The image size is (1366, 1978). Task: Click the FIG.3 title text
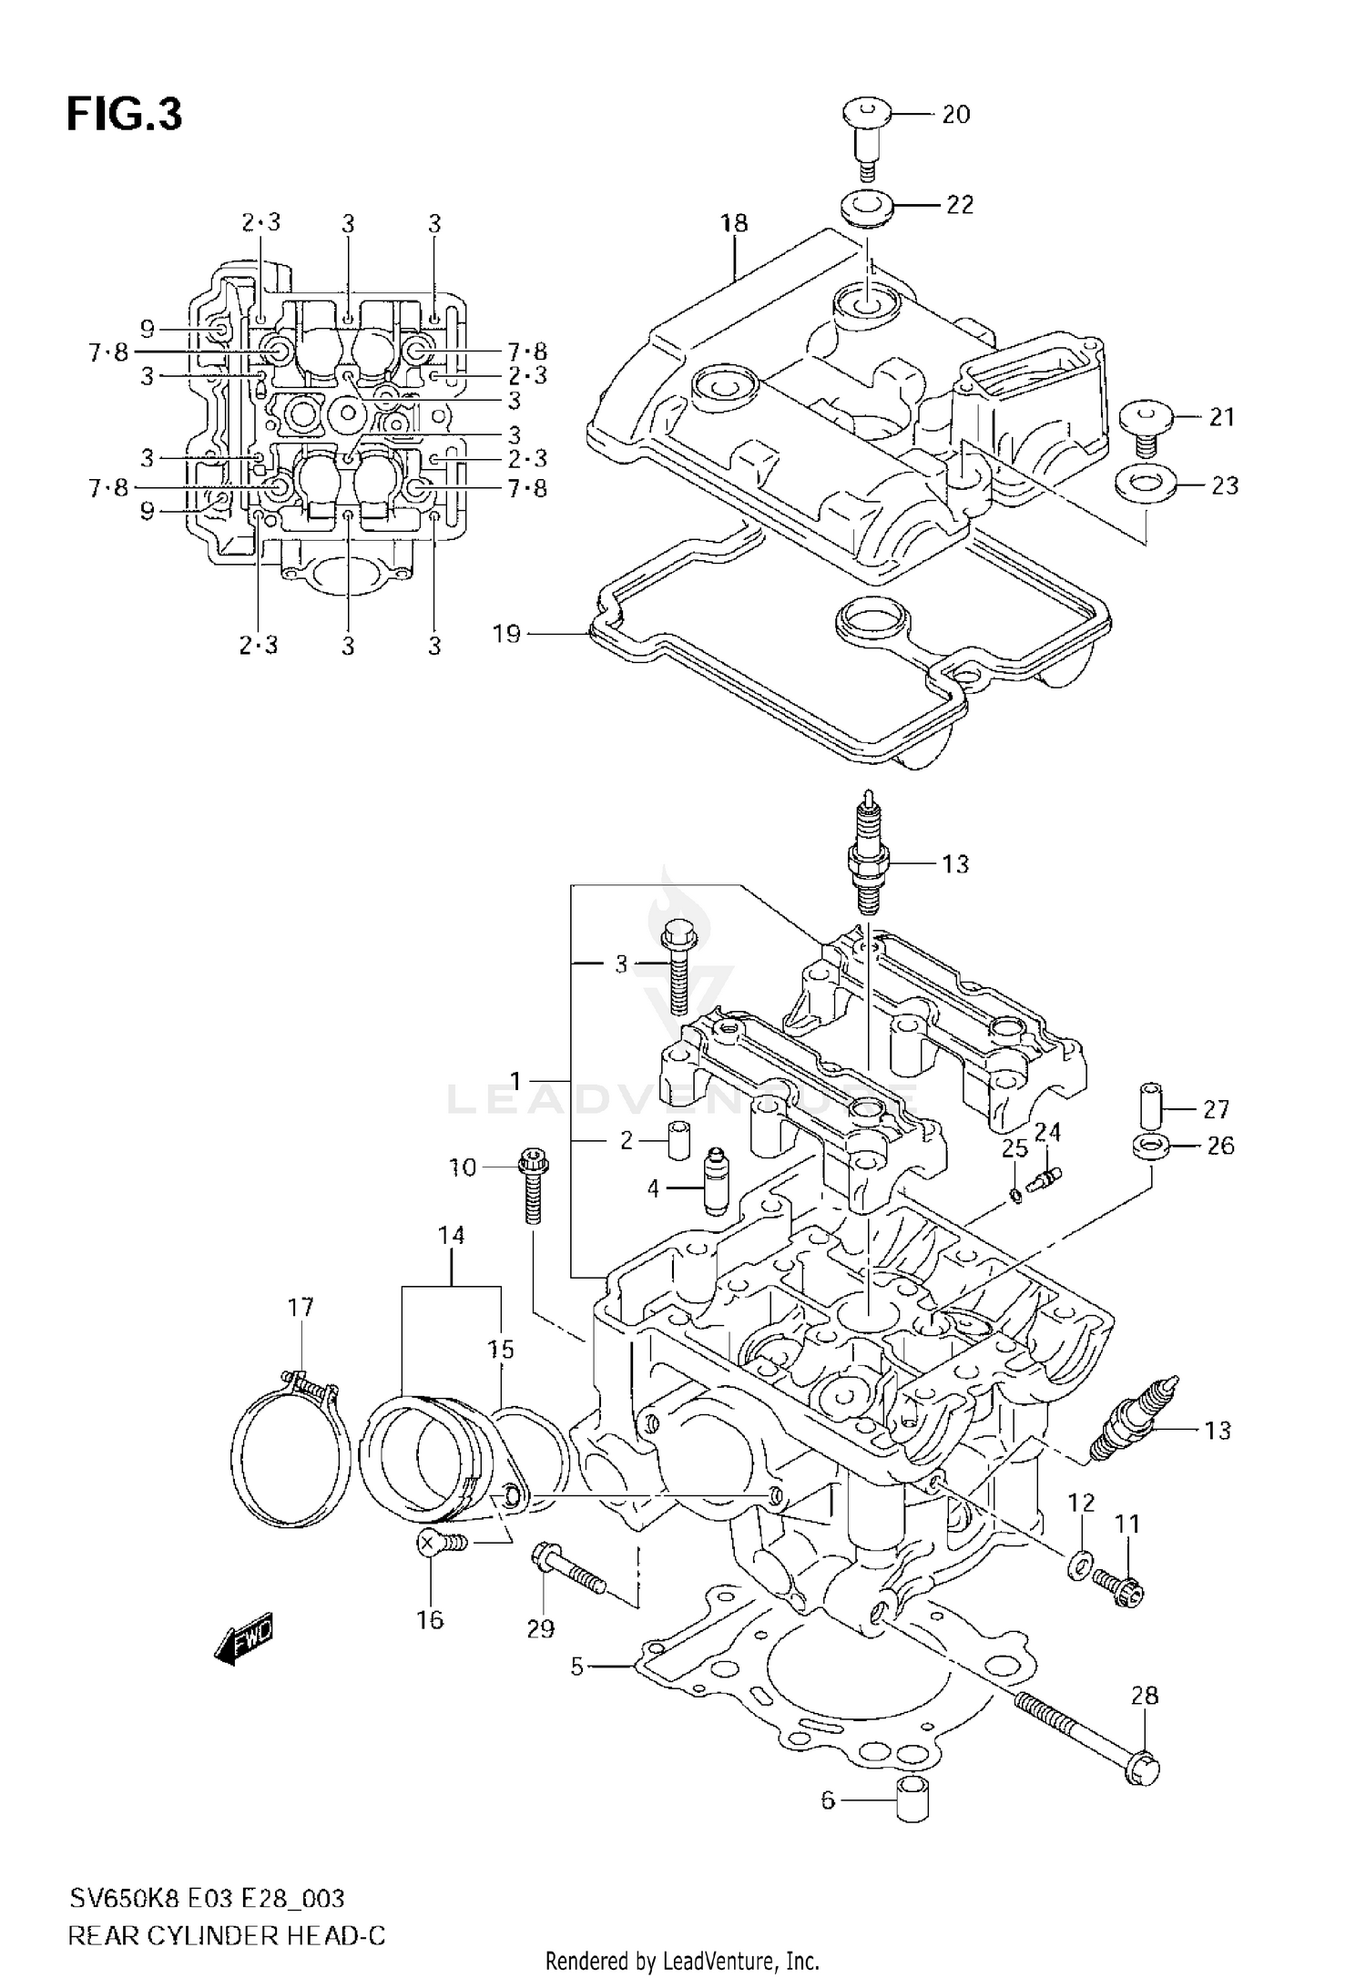coord(124,116)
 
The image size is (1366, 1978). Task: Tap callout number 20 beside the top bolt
coord(955,115)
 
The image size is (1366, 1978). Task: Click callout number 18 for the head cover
coord(734,223)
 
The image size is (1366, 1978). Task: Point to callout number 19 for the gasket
coord(506,633)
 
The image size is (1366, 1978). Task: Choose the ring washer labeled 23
coord(1144,484)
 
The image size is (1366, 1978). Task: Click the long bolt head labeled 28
coord(1144,1770)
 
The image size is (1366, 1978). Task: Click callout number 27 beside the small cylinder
coord(1216,1109)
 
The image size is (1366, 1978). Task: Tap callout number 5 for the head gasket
coord(577,1667)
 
